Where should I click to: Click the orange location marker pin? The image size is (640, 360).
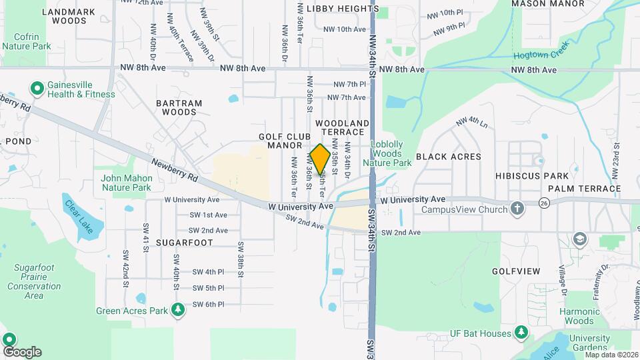pyautogui.click(x=320, y=159)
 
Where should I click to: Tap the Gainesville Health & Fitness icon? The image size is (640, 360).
pyautogui.click(x=37, y=88)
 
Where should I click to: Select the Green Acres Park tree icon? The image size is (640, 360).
pyautogui.click(x=177, y=310)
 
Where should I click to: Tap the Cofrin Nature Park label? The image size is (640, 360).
pyautogui.click(x=27, y=41)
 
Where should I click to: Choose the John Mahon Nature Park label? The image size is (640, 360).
pyautogui.click(x=127, y=183)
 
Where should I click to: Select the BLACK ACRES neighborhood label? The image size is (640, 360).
pyautogui.click(x=448, y=157)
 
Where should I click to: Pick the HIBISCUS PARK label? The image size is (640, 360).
pyautogui.click(x=532, y=175)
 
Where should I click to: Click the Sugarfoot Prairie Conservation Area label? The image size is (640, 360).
pyautogui.click(x=34, y=281)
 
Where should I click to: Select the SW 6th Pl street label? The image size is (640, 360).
pyautogui.click(x=208, y=305)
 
